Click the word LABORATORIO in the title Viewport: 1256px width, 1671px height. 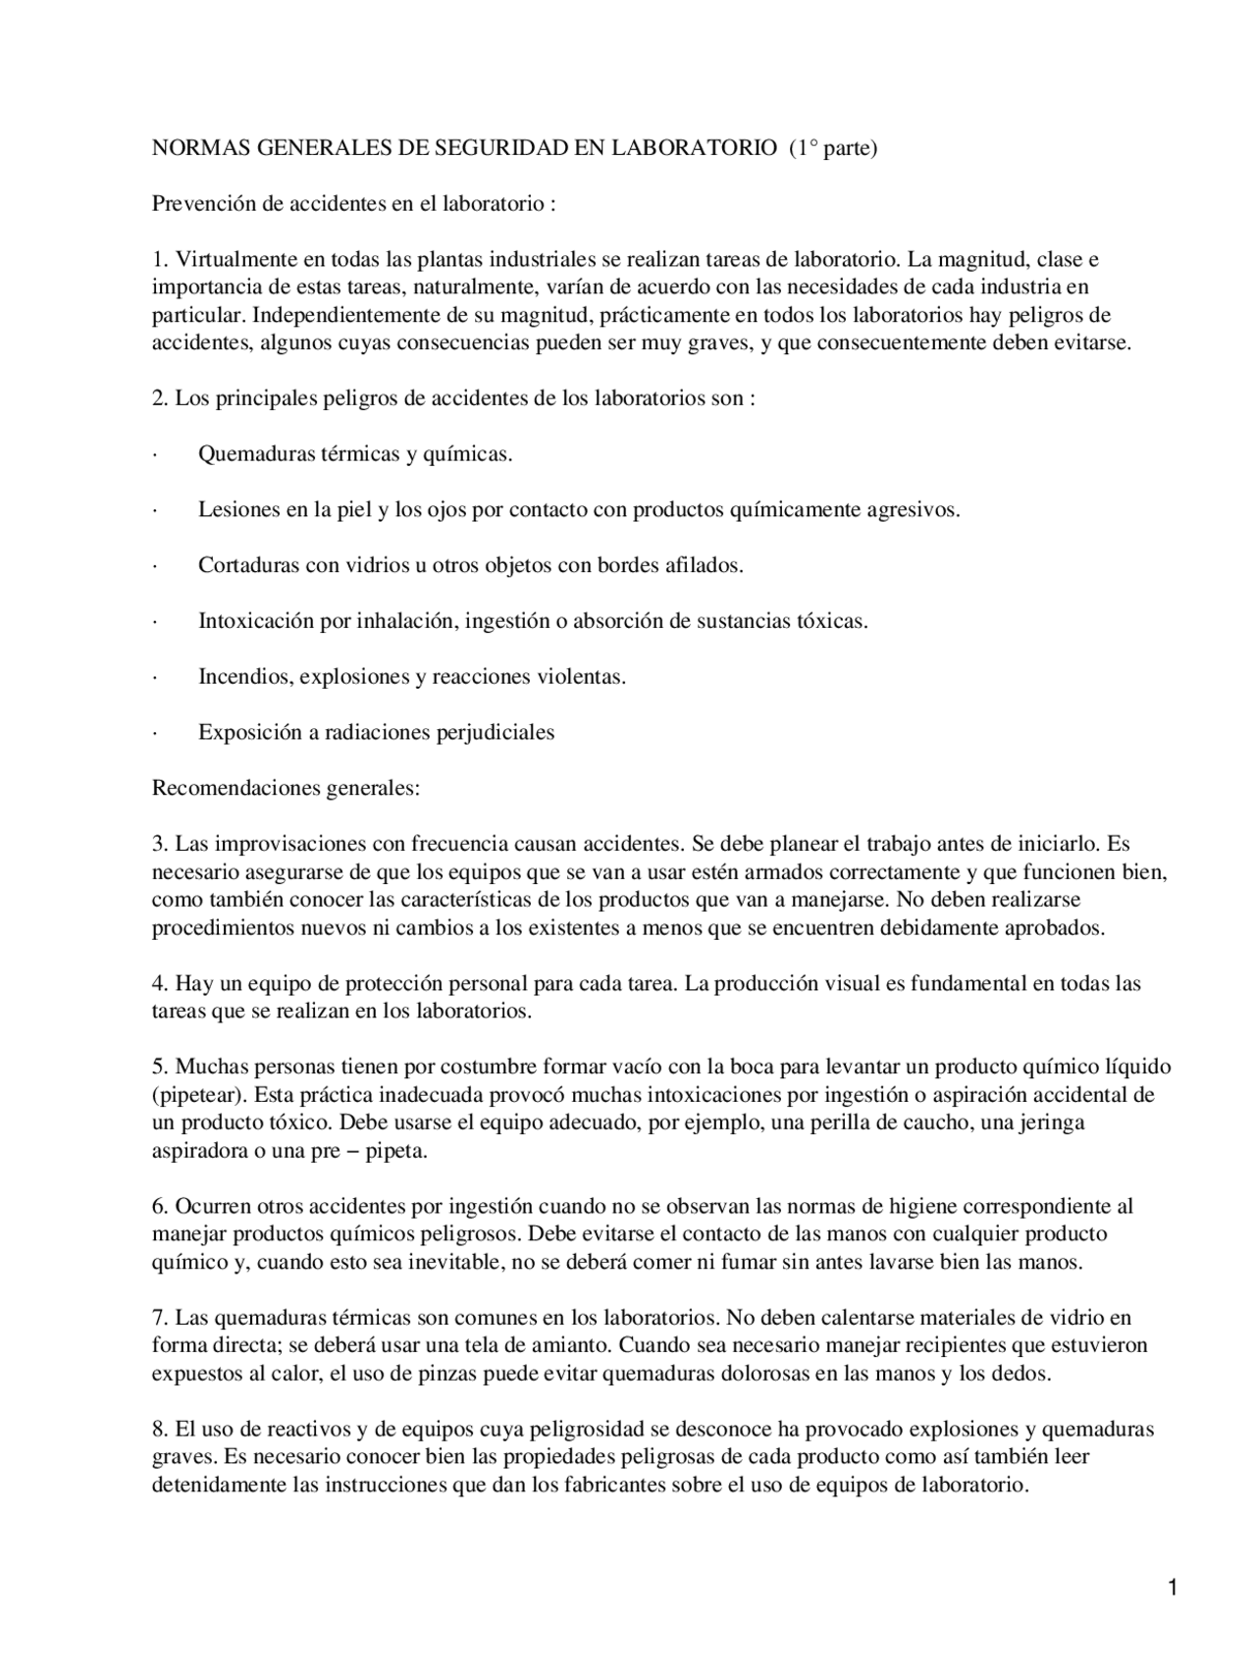(694, 148)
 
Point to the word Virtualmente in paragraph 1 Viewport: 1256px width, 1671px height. (233, 260)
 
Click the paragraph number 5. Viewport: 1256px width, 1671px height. (159, 1067)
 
